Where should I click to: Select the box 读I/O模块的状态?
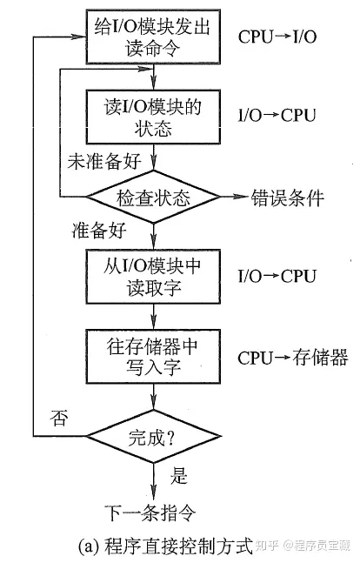(x=153, y=116)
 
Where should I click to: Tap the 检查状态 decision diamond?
(x=154, y=197)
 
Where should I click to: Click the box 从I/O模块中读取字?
(x=153, y=278)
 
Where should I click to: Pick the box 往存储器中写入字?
(x=153, y=356)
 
